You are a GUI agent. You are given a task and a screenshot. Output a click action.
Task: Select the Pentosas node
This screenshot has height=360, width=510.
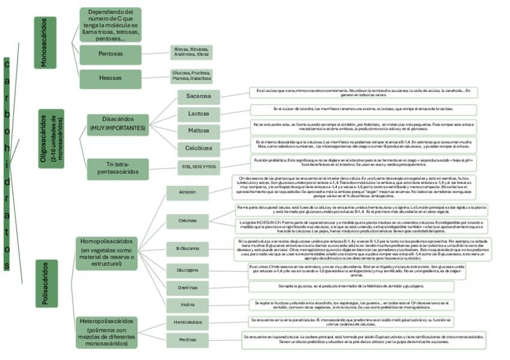pos(110,53)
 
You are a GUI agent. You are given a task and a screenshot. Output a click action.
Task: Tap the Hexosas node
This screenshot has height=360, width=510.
pos(110,78)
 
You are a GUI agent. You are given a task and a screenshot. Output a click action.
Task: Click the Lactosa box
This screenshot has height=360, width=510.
pos(198,113)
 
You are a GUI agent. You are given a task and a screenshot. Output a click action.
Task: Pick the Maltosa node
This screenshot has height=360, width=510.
pos(198,130)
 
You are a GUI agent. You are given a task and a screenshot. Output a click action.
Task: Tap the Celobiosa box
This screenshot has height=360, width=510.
pos(198,147)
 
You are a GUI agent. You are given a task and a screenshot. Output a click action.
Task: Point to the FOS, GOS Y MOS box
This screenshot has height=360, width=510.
pos(198,166)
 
